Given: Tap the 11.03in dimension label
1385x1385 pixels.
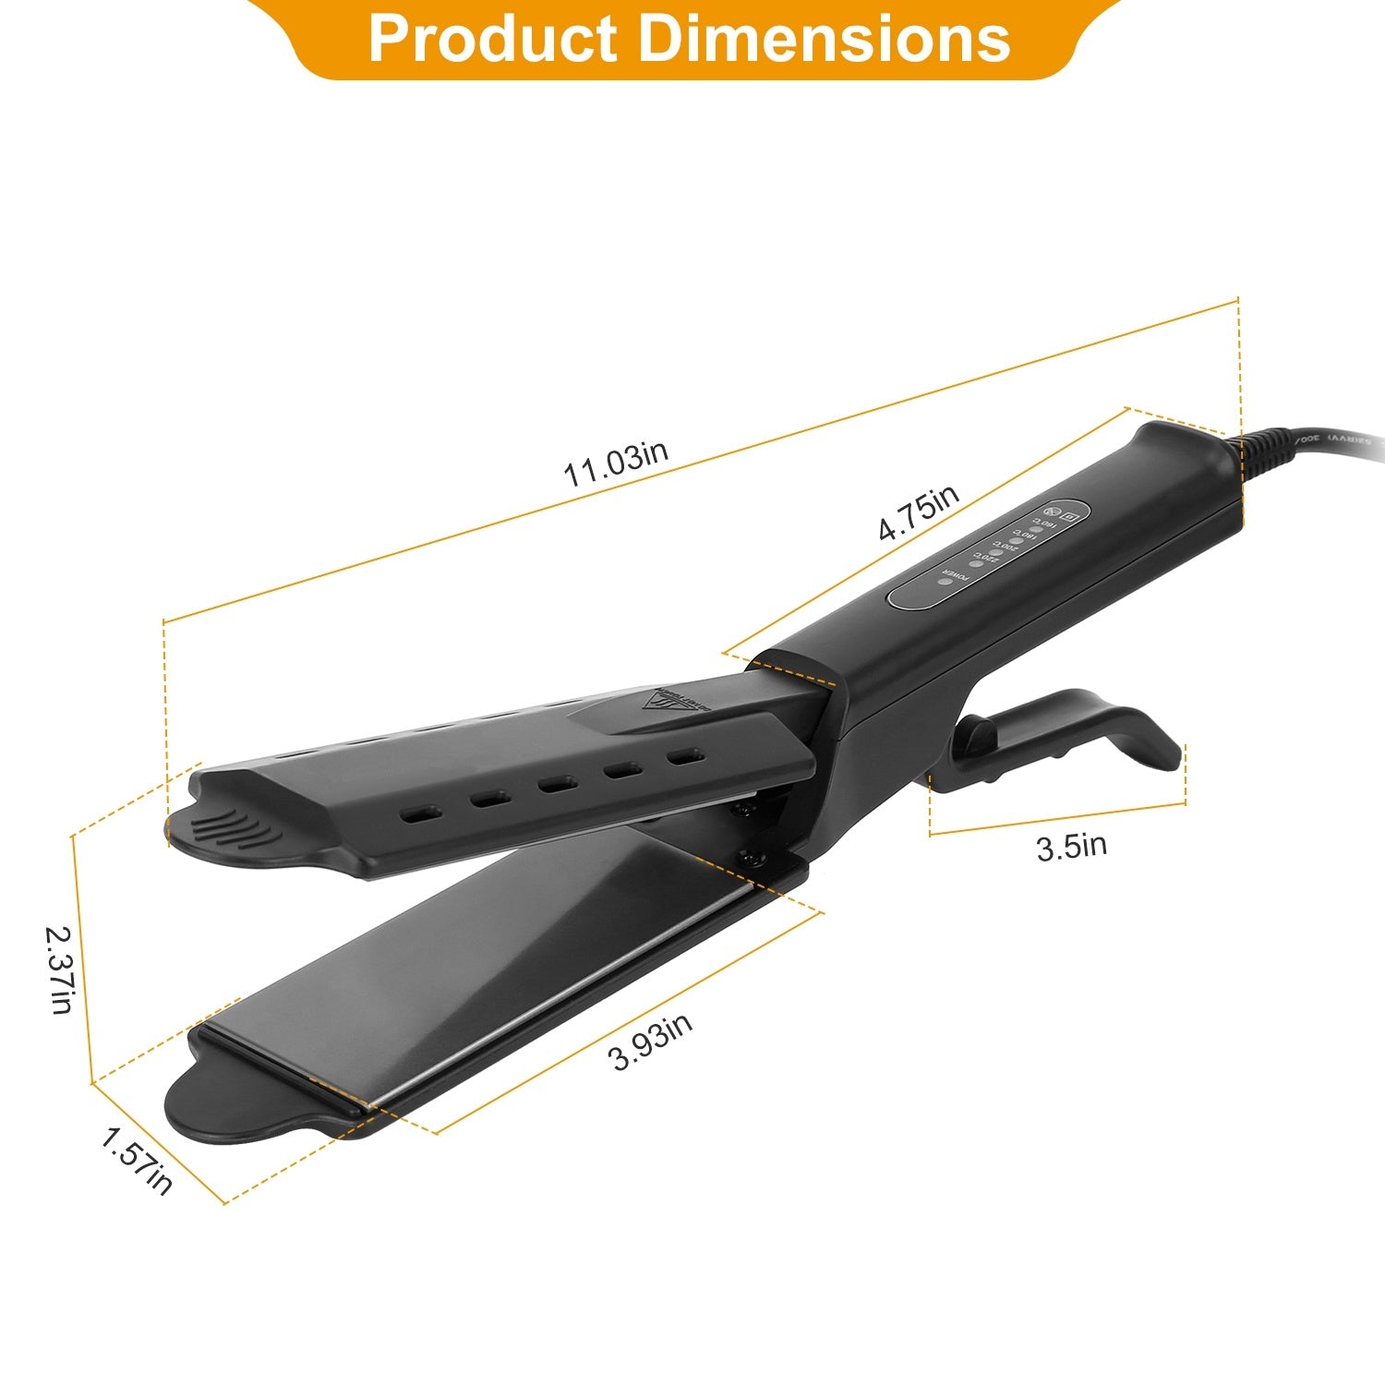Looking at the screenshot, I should pyautogui.click(x=616, y=464).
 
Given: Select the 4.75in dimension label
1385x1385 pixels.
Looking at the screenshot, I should pyautogui.click(x=919, y=513).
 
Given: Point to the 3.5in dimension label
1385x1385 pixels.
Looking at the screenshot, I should pyautogui.click(x=1071, y=846).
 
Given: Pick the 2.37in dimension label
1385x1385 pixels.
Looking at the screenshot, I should pyautogui.click(x=60, y=969).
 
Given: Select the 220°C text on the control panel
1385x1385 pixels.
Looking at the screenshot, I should pyautogui.click(x=986, y=557).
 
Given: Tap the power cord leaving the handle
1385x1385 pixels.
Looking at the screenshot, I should pyautogui.click(x=1311, y=447).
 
